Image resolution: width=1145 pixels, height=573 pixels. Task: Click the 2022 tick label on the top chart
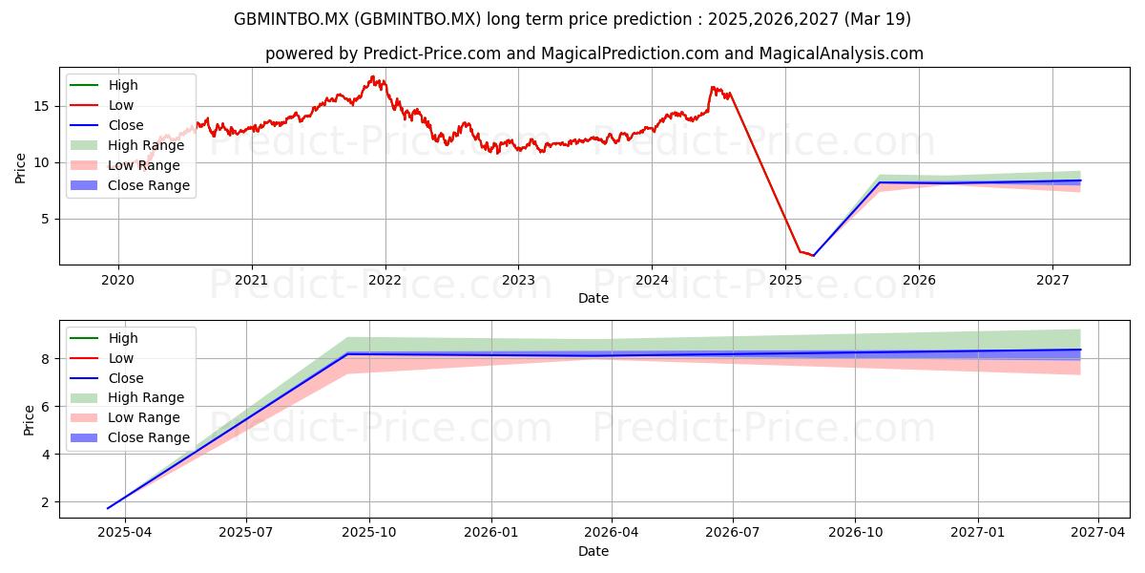385,281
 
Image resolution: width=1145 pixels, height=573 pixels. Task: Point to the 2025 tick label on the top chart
785,281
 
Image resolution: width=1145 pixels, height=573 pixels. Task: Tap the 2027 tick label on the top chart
1052,281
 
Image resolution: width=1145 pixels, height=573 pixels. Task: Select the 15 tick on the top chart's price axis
41,106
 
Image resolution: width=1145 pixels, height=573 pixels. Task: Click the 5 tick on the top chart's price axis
46,219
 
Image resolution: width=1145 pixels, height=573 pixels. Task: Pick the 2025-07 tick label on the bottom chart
246,533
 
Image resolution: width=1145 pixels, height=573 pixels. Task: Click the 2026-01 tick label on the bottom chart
491,533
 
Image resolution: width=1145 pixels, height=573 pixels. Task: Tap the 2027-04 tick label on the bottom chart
1098,533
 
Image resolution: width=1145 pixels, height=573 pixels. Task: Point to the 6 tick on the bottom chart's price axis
46,407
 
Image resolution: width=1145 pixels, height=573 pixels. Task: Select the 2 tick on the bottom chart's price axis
46,502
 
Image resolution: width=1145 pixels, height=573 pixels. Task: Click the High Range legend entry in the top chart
127,145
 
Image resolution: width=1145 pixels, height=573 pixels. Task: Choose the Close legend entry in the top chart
107,125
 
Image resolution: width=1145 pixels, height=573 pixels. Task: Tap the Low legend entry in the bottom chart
102,358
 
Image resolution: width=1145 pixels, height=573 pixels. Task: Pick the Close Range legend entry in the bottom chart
130,438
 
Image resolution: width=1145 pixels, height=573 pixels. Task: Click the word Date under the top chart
593,298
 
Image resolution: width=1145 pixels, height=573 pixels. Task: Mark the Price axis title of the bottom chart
29,420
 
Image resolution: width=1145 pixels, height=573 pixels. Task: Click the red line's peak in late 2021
373,76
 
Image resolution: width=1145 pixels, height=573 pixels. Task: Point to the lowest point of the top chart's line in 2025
813,255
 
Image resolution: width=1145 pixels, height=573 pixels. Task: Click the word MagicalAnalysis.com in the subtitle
841,53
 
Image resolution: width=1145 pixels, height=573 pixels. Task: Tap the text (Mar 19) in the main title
877,19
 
